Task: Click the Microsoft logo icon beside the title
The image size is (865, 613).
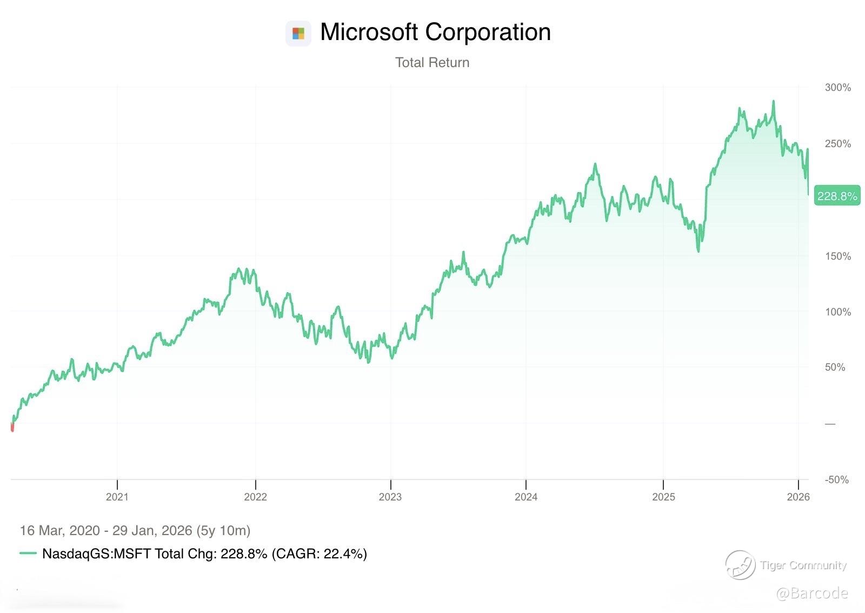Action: (x=298, y=34)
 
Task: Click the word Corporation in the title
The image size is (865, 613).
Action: (x=488, y=32)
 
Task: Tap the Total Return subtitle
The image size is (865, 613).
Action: (x=432, y=63)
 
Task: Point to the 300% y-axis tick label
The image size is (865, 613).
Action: (x=837, y=88)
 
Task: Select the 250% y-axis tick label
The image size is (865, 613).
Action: (x=837, y=144)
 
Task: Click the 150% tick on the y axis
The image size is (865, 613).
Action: (x=837, y=256)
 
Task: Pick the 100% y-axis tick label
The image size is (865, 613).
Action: (x=837, y=312)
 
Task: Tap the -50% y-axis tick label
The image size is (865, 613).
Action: (x=836, y=480)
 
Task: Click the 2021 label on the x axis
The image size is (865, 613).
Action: (x=117, y=497)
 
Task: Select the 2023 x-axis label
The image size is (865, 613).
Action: (x=390, y=497)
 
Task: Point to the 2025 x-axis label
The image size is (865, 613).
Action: (x=663, y=497)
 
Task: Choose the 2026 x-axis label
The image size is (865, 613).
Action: (x=799, y=497)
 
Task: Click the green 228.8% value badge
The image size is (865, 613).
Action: (x=837, y=196)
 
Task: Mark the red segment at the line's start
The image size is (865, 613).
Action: (x=12, y=427)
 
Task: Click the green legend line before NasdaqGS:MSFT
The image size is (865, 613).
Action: (x=28, y=553)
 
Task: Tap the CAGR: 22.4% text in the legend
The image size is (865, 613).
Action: (x=320, y=553)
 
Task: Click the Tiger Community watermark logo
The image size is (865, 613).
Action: (x=740, y=564)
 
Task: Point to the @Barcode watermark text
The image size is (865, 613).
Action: (x=812, y=594)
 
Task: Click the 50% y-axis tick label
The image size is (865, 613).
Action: (x=835, y=367)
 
